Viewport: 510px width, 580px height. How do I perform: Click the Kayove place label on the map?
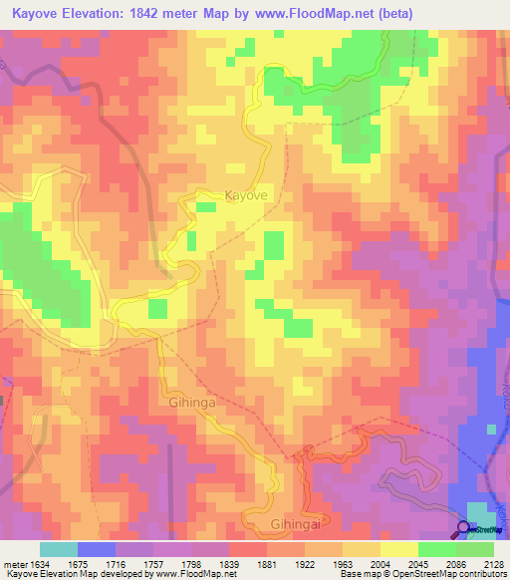[x=246, y=196]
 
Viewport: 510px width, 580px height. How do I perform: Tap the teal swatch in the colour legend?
[x=58, y=549]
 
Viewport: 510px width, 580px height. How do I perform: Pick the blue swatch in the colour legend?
[x=97, y=549]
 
